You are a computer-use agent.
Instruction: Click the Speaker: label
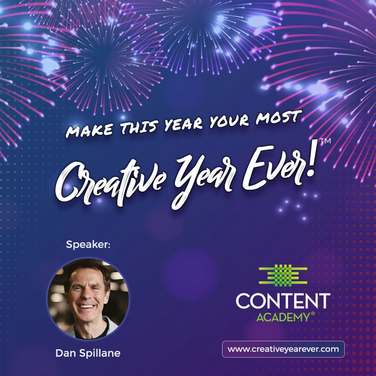tap(88, 245)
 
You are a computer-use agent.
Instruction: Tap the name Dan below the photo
tap(65, 353)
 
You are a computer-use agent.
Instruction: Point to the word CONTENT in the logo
tap(283, 301)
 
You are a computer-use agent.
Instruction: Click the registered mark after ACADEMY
tap(313, 314)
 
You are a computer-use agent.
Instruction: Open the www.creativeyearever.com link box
tap(283, 349)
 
